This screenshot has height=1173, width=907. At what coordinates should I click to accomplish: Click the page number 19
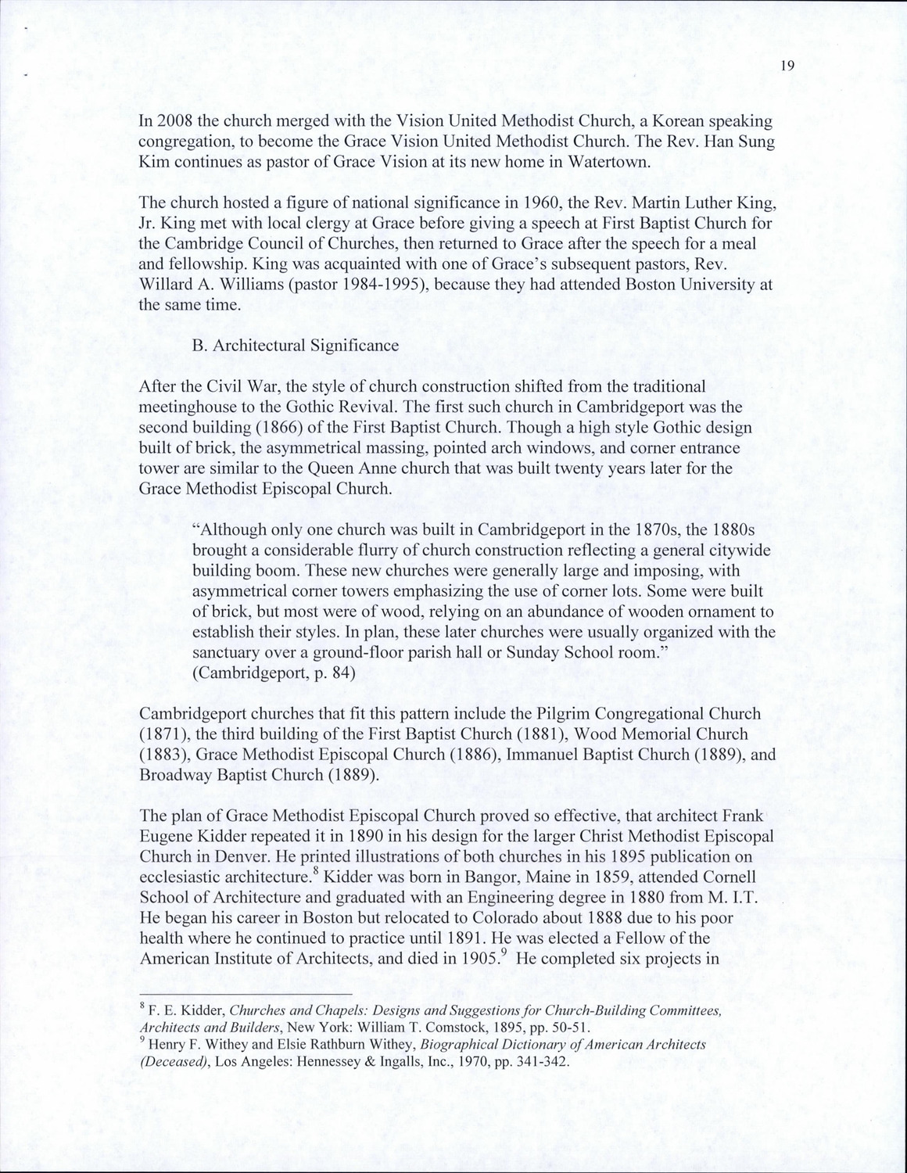coord(787,66)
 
